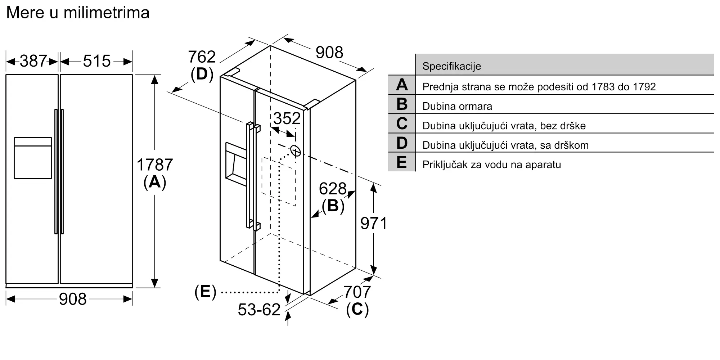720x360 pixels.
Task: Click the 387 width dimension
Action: (x=33, y=61)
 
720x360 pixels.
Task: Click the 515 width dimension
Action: (x=96, y=61)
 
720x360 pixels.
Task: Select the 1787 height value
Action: (x=155, y=165)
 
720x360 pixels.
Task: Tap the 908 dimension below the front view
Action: (x=73, y=299)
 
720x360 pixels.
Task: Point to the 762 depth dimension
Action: (x=202, y=57)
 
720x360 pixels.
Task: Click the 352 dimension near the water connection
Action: (x=287, y=118)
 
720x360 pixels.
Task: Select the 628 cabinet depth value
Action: (x=333, y=189)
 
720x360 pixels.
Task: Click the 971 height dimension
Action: (x=374, y=224)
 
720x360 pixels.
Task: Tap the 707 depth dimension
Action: (x=357, y=292)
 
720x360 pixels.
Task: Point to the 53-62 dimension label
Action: (x=259, y=310)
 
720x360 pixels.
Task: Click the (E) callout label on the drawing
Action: (x=205, y=292)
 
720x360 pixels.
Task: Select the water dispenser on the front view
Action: (x=33, y=158)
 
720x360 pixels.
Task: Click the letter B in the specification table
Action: (x=402, y=104)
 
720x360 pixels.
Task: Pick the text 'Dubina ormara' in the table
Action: (x=457, y=107)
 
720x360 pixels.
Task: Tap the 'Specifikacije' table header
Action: (x=451, y=66)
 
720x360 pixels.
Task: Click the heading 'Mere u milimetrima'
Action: (x=78, y=13)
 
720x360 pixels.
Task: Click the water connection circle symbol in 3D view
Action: (x=295, y=151)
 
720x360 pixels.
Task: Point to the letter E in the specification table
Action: (x=402, y=162)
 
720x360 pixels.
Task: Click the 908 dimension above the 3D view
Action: (x=329, y=53)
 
